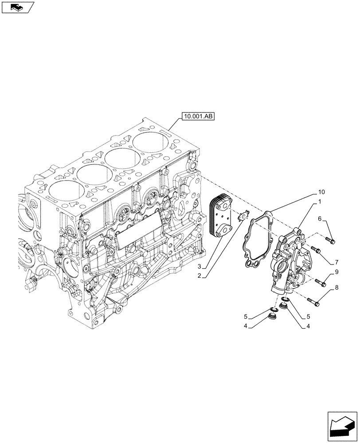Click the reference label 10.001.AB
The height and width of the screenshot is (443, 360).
[x=197, y=117]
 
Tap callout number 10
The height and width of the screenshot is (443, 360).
[x=321, y=192]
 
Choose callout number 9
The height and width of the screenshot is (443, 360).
[x=337, y=272]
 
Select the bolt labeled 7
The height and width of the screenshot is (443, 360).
[x=315, y=249]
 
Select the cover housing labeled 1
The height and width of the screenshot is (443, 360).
[x=289, y=261]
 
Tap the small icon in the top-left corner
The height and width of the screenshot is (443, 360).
[x=17, y=7]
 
